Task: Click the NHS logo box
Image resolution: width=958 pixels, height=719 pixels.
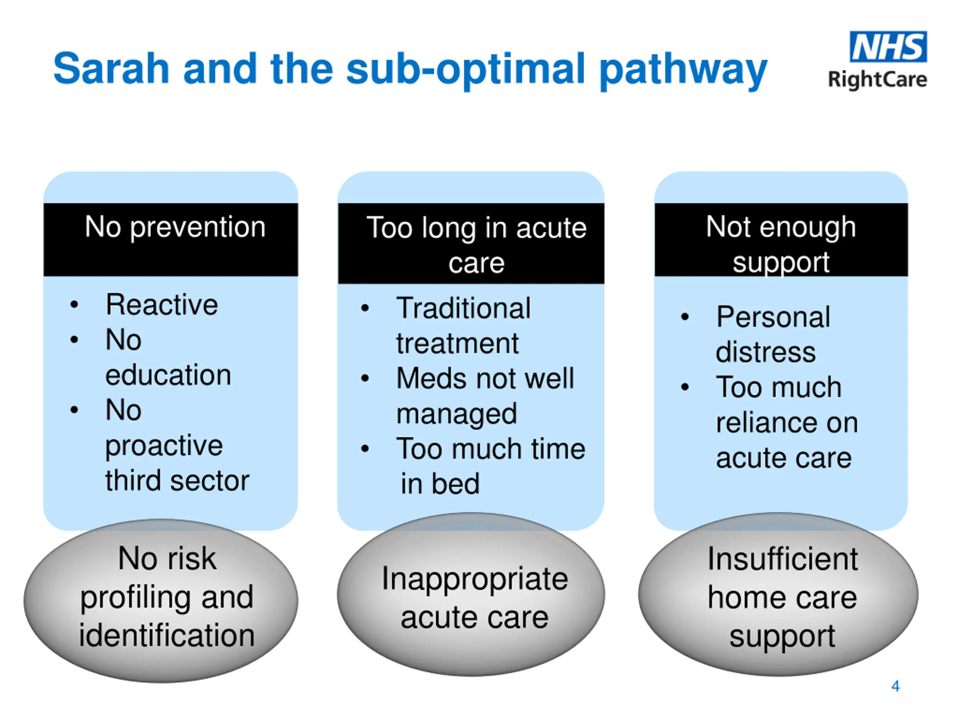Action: pyautogui.click(x=888, y=47)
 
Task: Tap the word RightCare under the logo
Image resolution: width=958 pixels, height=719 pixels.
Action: pyautogui.click(x=878, y=80)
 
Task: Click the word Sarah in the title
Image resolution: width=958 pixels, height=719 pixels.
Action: pyautogui.click(x=111, y=68)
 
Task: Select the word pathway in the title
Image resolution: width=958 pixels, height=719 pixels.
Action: pyautogui.click(x=683, y=71)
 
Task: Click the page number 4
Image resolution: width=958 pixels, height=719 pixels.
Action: pyautogui.click(x=896, y=686)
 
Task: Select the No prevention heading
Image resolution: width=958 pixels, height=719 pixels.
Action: pyautogui.click(x=175, y=227)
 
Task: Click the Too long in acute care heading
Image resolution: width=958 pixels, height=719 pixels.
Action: pyautogui.click(x=476, y=245)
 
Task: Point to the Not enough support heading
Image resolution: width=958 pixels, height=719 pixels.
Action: pyautogui.click(x=781, y=245)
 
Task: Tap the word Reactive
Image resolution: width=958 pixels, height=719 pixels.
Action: pyautogui.click(x=162, y=305)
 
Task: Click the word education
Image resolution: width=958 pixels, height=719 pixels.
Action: pyautogui.click(x=168, y=375)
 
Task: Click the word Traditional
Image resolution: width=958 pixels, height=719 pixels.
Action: pyautogui.click(x=463, y=308)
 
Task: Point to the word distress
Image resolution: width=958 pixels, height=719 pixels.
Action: pyautogui.click(x=766, y=352)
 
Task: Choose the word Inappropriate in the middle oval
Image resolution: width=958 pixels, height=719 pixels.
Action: pyautogui.click(x=475, y=579)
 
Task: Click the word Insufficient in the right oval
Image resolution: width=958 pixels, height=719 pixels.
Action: pyautogui.click(x=782, y=559)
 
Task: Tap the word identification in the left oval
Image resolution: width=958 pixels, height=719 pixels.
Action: pyautogui.click(x=167, y=636)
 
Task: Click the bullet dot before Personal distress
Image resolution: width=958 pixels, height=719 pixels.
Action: pyautogui.click(x=685, y=317)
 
